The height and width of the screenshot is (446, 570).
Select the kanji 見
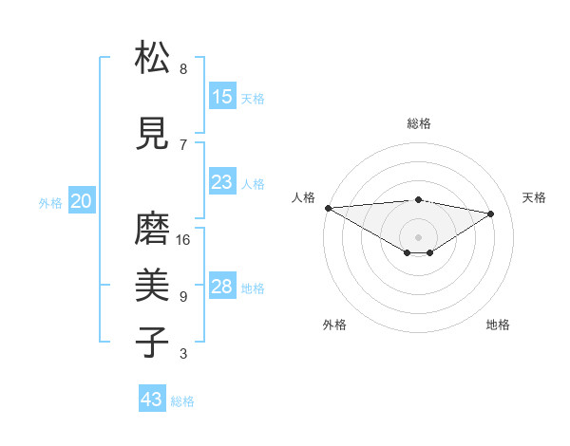pyautogui.click(x=153, y=133)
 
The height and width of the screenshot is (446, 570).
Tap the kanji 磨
pyautogui.click(x=153, y=230)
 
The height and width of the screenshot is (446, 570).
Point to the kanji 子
pyautogui.click(x=153, y=343)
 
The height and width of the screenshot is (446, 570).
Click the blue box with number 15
pyautogui.click(x=222, y=97)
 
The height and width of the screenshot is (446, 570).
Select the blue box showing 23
pyautogui.click(x=222, y=182)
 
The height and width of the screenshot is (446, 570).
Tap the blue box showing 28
pyautogui.click(x=222, y=287)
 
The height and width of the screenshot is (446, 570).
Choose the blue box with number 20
pyautogui.click(x=82, y=201)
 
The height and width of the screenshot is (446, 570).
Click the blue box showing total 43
pyautogui.click(x=152, y=400)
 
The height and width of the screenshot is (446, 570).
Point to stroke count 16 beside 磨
pyautogui.click(x=183, y=240)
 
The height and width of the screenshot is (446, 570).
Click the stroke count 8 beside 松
pyautogui.click(x=183, y=69)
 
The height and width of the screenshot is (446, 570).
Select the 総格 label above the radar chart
pyautogui.click(x=419, y=123)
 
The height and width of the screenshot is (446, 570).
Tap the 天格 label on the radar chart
pyautogui.click(x=535, y=197)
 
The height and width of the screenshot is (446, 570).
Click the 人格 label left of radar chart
pyautogui.click(x=304, y=197)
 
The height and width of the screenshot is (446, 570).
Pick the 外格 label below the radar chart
pyautogui.click(x=334, y=325)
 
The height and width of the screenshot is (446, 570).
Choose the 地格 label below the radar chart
pyautogui.click(x=498, y=325)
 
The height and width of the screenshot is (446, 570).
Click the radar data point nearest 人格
pyautogui.click(x=328, y=207)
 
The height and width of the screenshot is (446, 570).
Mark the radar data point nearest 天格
pyautogui.click(x=491, y=214)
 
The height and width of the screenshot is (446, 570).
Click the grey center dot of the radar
pyautogui.click(x=418, y=236)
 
